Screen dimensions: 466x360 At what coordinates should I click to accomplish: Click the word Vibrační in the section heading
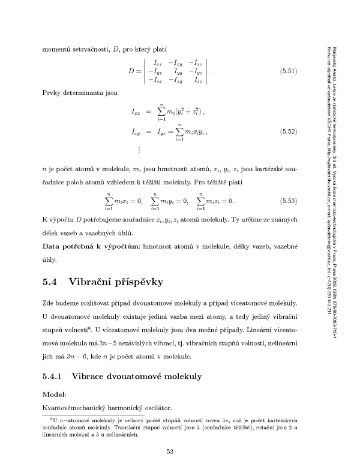(94, 281)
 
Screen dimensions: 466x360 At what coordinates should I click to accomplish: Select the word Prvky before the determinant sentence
(51, 94)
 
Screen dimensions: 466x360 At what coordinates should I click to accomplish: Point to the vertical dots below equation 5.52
(139, 149)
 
